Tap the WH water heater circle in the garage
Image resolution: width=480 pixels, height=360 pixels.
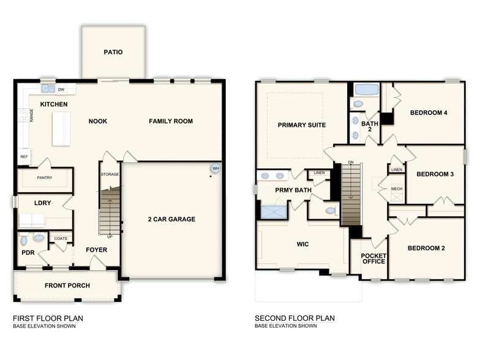pos(215,168)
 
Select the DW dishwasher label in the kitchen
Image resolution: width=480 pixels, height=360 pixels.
pos(62,89)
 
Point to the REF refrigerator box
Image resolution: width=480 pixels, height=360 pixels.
pos(24,157)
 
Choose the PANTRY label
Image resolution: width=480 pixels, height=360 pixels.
pos(44,178)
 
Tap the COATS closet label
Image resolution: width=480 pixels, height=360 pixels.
pos(61,239)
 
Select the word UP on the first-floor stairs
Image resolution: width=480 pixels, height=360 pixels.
pos(110,236)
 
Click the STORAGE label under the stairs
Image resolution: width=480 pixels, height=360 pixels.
pos(110,174)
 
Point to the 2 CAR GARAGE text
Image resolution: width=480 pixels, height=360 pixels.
pos(171,219)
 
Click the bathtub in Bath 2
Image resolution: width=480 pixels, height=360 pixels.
pos(367,89)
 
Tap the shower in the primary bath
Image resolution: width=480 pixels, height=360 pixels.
pos(273,212)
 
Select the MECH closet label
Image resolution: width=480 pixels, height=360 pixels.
pos(396,189)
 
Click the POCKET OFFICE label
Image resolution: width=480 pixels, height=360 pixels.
pos(373,258)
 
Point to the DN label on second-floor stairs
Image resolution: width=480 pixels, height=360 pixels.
pos(350,162)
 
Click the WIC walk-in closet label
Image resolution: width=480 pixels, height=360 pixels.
pos(302,244)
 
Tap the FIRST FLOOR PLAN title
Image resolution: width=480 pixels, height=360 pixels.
pos(48,318)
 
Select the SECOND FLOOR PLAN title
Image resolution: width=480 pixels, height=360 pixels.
pos(294,318)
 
